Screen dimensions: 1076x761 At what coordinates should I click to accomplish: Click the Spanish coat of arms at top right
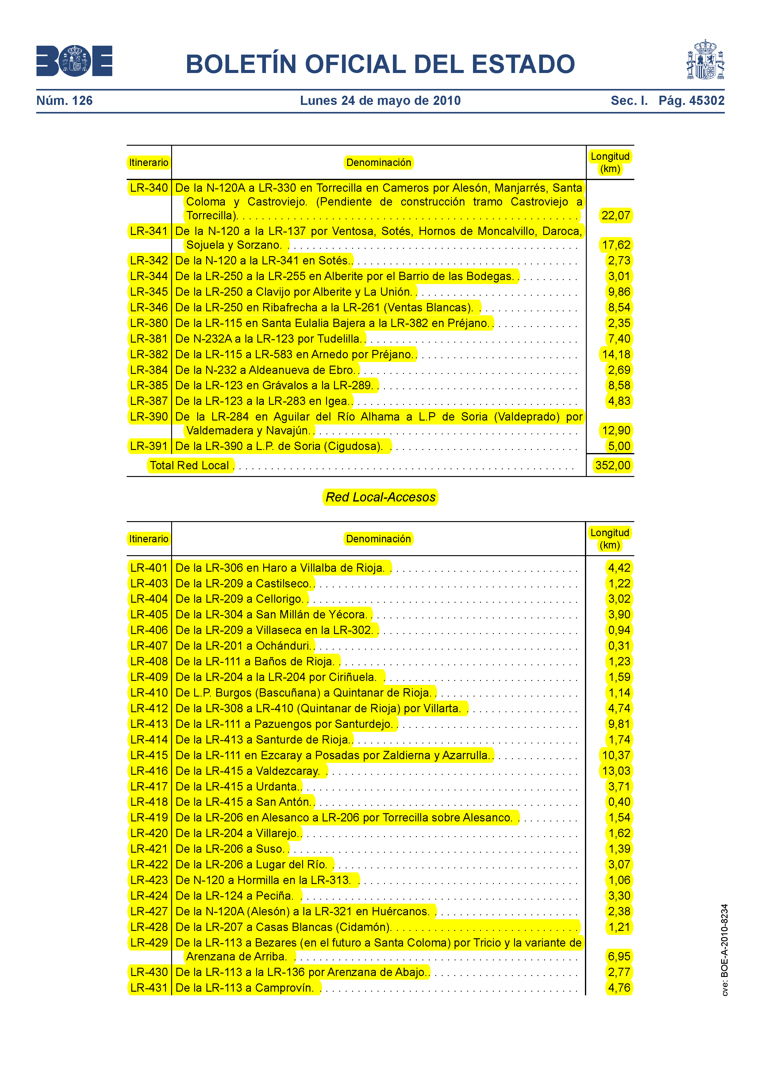(705, 60)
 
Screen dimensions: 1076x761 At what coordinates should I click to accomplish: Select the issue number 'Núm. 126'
(65, 101)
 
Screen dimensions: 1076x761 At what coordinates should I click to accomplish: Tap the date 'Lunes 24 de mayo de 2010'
(380, 101)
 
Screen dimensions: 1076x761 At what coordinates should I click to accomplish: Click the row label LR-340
(148, 188)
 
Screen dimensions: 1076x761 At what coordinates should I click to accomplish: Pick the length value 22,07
(616, 216)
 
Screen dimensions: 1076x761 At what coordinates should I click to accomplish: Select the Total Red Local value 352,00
(613, 465)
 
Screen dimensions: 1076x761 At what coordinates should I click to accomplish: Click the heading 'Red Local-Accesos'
(380, 497)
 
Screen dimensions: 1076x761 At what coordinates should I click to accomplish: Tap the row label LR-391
(148, 446)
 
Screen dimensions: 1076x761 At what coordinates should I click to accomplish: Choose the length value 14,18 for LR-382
(616, 354)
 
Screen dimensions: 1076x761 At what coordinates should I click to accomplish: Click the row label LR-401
(148, 568)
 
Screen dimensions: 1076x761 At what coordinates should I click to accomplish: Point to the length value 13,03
(616, 771)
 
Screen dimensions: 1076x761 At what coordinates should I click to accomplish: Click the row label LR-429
(148, 943)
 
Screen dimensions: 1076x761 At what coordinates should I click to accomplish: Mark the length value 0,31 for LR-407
(619, 646)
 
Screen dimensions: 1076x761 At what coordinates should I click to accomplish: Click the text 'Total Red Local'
(190, 465)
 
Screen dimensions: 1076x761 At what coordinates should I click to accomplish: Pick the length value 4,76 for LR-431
(619, 987)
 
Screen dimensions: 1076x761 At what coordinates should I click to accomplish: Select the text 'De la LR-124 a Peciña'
(234, 896)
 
